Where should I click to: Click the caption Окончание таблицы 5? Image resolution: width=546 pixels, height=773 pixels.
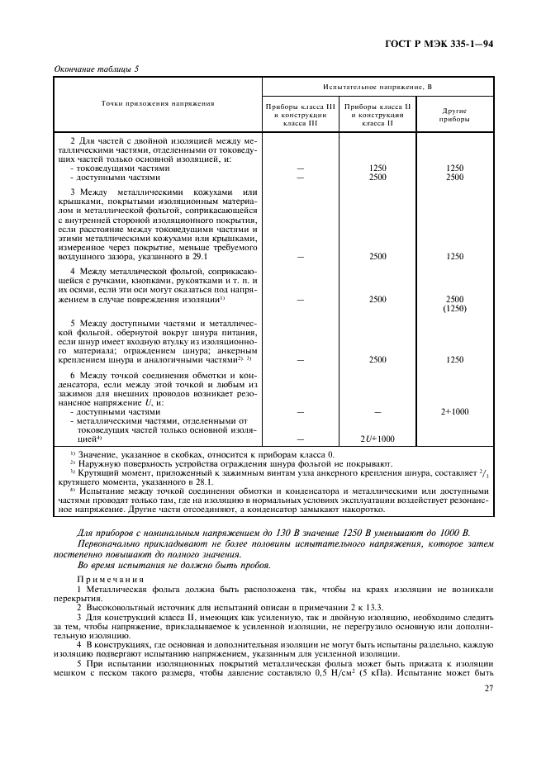[96, 69]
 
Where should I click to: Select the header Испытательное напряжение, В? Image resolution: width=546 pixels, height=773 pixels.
[377, 86]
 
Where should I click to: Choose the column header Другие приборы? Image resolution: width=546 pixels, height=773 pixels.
[455, 114]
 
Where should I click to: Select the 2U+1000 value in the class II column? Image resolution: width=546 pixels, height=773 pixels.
[377, 439]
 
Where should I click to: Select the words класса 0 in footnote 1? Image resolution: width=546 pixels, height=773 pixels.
[284, 455]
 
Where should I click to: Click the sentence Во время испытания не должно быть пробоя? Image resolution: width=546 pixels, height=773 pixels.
[169, 564]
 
